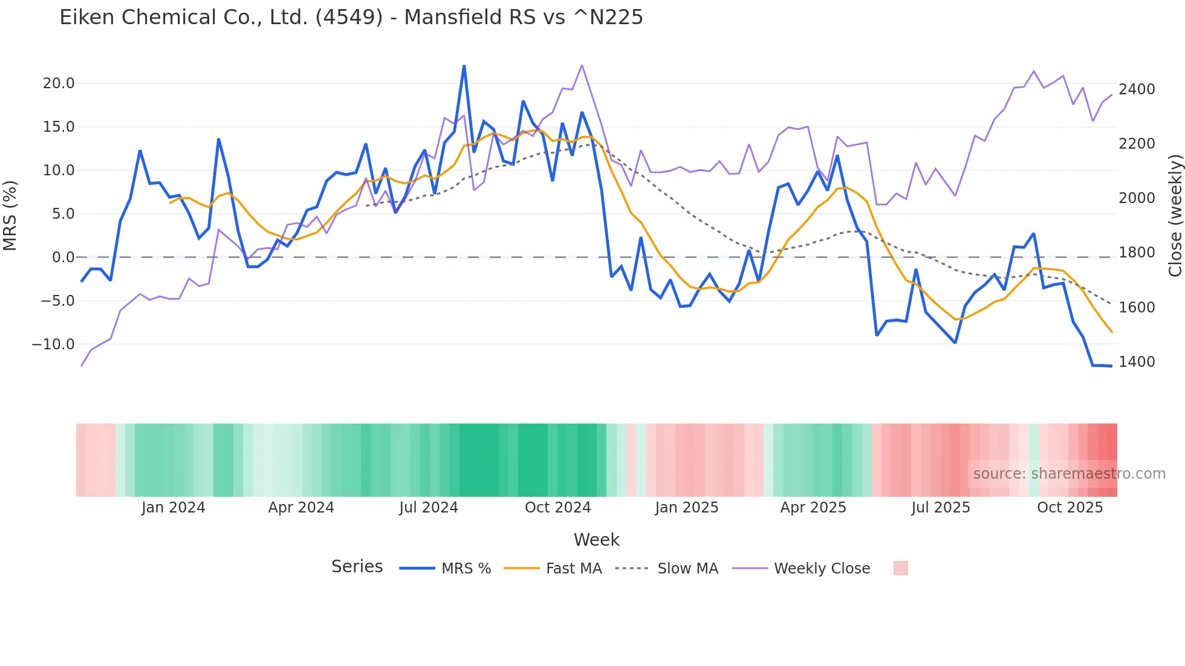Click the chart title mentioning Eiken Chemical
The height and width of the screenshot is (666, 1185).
[351, 18]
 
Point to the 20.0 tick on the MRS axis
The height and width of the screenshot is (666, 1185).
[58, 83]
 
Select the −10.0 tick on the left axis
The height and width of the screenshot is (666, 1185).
[53, 344]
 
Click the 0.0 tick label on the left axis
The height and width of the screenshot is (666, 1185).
[63, 257]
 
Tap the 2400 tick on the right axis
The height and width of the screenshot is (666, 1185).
[1137, 89]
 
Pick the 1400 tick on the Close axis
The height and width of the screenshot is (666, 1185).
[1137, 362]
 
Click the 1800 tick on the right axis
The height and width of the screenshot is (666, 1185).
[1137, 253]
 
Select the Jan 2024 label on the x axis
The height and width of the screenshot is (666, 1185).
[173, 508]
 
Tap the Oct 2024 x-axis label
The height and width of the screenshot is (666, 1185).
[557, 508]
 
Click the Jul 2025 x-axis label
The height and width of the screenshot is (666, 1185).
[940, 508]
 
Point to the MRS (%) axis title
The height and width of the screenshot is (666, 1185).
[10, 215]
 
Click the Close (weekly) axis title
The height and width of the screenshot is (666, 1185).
[1175, 215]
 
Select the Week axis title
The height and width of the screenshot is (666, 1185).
[596, 540]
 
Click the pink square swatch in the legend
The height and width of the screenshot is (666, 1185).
[900, 568]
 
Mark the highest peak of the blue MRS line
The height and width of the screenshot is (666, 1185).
[464, 66]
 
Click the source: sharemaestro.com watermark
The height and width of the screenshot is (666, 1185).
[1069, 474]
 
